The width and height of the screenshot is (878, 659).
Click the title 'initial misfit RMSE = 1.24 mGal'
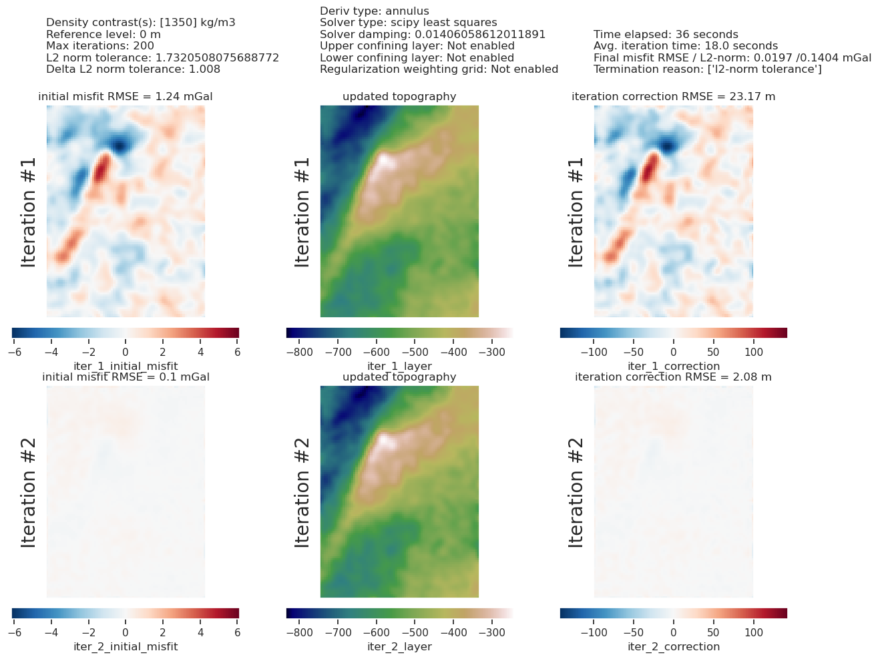tap(126, 97)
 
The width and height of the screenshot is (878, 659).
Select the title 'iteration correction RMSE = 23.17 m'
tap(673, 97)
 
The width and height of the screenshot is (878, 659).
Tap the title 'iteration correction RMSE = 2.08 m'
tap(673, 377)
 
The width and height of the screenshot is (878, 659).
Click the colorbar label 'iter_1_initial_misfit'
tap(126, 366)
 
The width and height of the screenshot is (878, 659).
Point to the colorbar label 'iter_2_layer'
tap(399, 646)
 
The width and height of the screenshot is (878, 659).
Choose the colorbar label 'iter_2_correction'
tap(673, 646)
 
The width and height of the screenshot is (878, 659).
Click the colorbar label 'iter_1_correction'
tap(673, 366)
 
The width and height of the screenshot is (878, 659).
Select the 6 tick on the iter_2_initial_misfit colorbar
tap(238, 632)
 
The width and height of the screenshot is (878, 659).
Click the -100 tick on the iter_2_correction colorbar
tap(592, 632)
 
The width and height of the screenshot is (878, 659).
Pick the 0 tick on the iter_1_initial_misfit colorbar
tap(126, 351)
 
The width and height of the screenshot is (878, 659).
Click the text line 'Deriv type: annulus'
tap(375, 11)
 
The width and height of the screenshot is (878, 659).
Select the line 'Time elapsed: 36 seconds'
tap(666, 35)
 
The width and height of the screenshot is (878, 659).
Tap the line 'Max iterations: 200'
tap(100, 46)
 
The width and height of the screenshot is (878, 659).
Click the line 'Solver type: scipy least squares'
tap(409, 23)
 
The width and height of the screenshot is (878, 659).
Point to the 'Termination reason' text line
tap(708, 69)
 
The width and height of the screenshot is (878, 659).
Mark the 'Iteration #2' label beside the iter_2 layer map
tap(302, 492)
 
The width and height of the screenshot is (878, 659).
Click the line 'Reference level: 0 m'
tap(103, 35)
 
